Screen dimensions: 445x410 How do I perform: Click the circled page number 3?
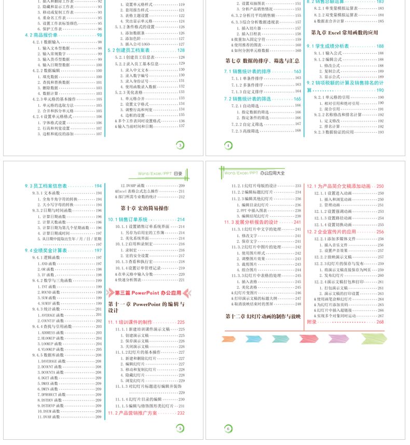[180, 146]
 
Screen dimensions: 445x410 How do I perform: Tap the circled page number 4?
[228, 146]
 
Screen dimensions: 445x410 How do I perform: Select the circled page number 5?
[180, 428]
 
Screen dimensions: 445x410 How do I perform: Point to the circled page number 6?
[228, 428]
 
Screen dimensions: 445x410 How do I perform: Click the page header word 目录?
[178, 174]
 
